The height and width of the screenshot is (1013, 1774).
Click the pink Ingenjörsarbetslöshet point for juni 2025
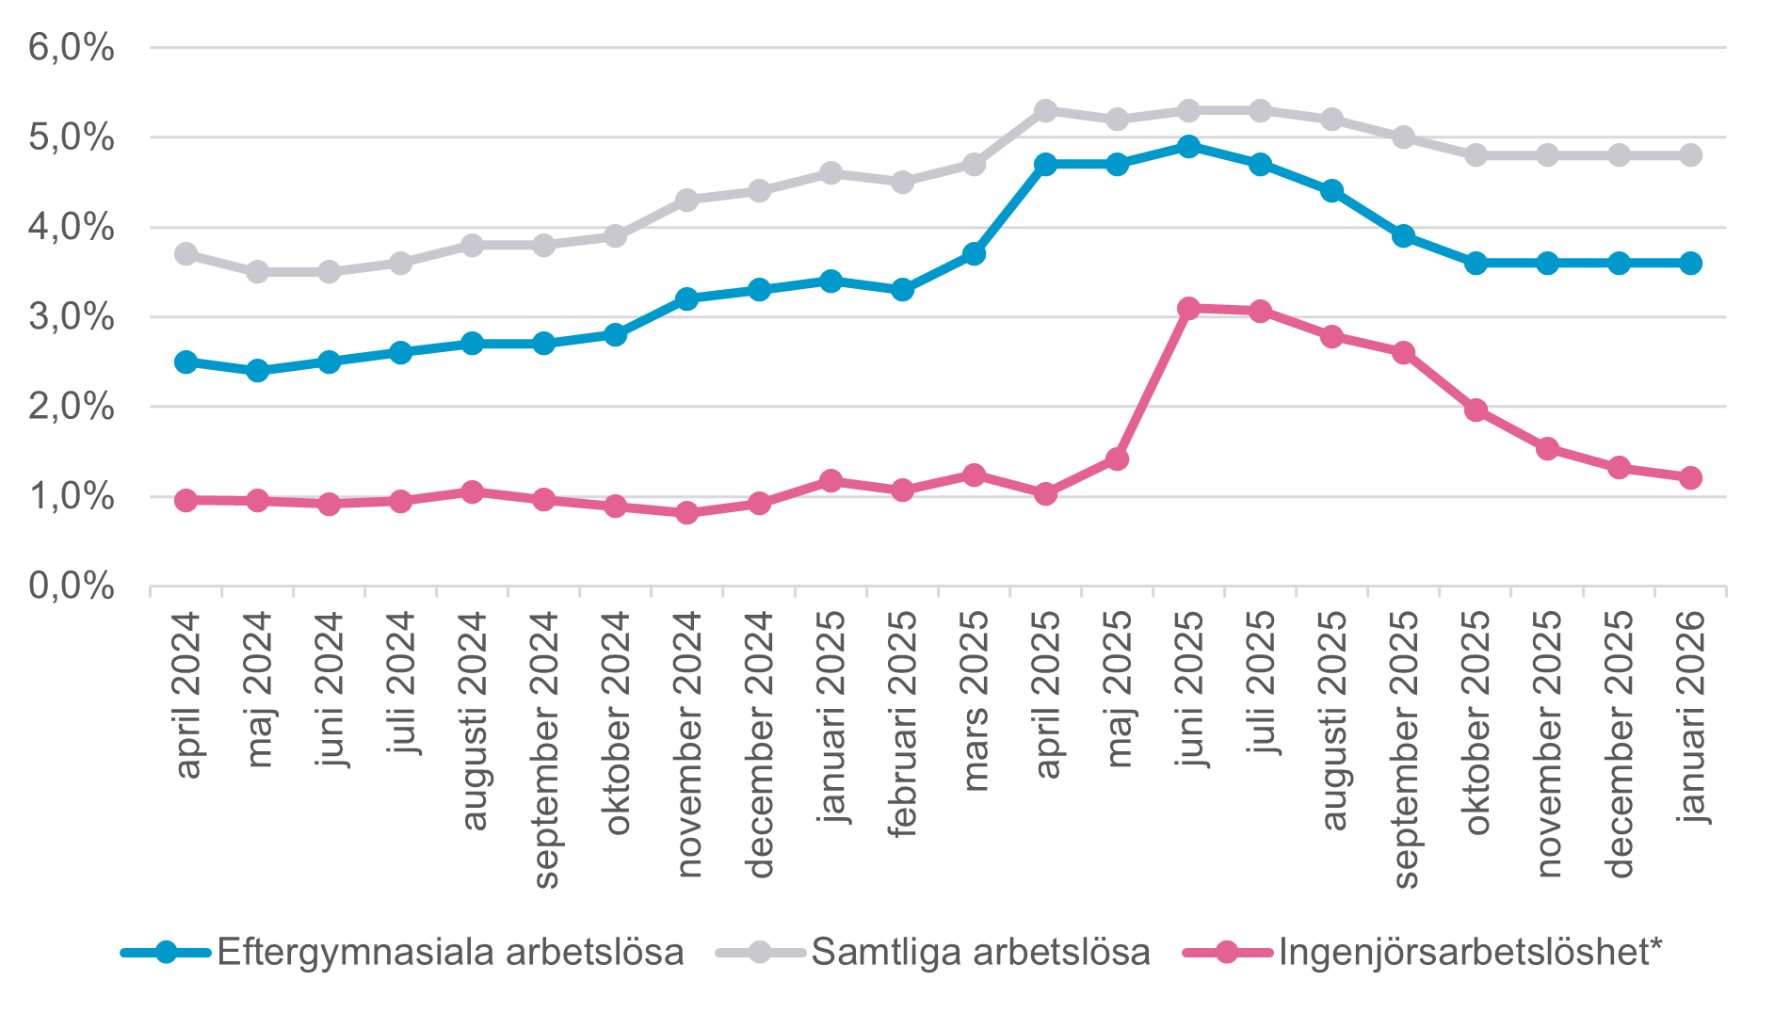[1188, 308]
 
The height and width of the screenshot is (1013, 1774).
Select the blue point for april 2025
[1045, 164]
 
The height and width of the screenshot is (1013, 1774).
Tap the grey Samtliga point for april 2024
[185, 254]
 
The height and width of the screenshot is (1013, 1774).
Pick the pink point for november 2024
[687, 512]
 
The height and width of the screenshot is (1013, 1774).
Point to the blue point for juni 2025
[1188, 147]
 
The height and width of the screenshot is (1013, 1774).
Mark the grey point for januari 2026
[1690, 155]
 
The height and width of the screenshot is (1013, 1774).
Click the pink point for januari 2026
[1690, 477]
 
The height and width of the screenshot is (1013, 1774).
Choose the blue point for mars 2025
[974, 254]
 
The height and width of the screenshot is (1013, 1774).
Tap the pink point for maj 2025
[1117, 459]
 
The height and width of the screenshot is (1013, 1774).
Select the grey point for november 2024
[687, 201]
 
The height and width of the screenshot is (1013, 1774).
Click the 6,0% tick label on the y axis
[72, 47]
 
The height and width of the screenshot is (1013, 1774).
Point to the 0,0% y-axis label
[72, 587]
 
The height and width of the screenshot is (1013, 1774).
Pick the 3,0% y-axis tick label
[72, 317]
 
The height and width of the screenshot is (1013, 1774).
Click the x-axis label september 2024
[545, 748]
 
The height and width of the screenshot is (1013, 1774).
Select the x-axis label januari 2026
[1691, 716]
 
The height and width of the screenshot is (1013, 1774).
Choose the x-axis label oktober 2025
[1476, 722]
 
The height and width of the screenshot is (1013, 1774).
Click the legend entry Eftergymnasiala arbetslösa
[450, 952]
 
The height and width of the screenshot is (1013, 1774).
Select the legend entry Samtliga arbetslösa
[980, 952]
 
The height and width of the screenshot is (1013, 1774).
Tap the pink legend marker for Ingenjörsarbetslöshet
[1227, 952]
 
